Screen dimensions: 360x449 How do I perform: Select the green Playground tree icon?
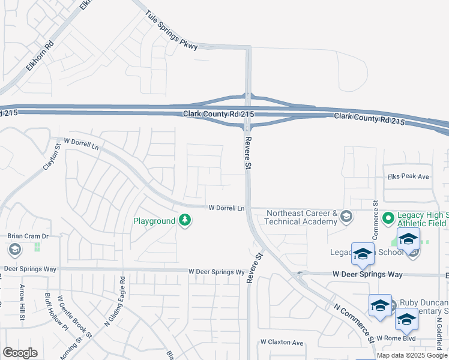point(185,221)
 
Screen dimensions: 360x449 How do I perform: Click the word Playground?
point(154,221)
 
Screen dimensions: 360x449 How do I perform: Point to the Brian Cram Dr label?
point(27,236)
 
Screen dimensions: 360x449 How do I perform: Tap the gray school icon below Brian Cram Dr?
point(14,249)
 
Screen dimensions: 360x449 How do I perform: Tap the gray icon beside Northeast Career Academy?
point(346,217)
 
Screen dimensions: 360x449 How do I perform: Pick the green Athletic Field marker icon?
point(388,217)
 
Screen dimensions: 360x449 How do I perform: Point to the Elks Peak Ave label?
point(408,176)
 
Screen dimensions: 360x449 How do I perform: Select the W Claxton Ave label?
point(282,342)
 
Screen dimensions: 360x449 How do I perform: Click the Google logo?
point(20,352)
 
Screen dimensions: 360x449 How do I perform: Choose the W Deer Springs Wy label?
point(217,272)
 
